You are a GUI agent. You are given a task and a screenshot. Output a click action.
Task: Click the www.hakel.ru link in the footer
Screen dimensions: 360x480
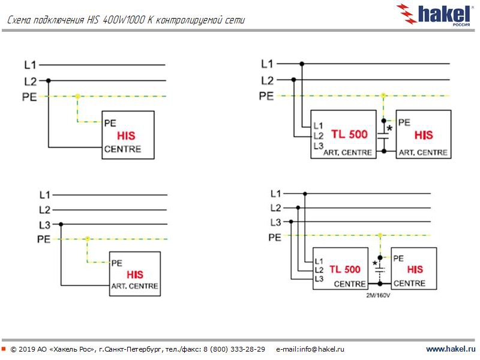(450, 349)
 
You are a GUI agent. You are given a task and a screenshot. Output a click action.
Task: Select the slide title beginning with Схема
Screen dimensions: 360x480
(126, 20)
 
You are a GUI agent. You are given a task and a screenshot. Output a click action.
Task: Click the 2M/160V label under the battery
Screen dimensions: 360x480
(379, 295)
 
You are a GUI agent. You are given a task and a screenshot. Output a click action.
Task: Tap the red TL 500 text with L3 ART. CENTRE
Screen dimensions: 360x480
(349, 134)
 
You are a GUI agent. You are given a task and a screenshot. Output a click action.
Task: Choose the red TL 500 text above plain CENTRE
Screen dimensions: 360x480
(344, 269)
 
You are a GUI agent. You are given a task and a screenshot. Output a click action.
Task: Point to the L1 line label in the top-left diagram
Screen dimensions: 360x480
(31, 64)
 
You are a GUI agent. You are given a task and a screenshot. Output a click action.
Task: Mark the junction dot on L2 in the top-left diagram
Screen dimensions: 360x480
(49, 80)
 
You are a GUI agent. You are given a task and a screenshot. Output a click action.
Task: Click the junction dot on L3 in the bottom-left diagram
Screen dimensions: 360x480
(61, 224)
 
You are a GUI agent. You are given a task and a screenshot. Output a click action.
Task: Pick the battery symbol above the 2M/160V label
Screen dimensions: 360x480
(379, 271)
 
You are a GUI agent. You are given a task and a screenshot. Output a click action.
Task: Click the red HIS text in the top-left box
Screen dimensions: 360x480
(127, 136)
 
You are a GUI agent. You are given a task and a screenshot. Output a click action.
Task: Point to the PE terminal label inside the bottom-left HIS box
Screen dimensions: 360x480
(117, 263)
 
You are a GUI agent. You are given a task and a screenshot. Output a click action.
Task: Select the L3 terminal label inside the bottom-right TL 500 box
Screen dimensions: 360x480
(319, 279)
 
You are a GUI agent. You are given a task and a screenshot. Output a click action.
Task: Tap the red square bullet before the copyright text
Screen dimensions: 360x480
(4, 349)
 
